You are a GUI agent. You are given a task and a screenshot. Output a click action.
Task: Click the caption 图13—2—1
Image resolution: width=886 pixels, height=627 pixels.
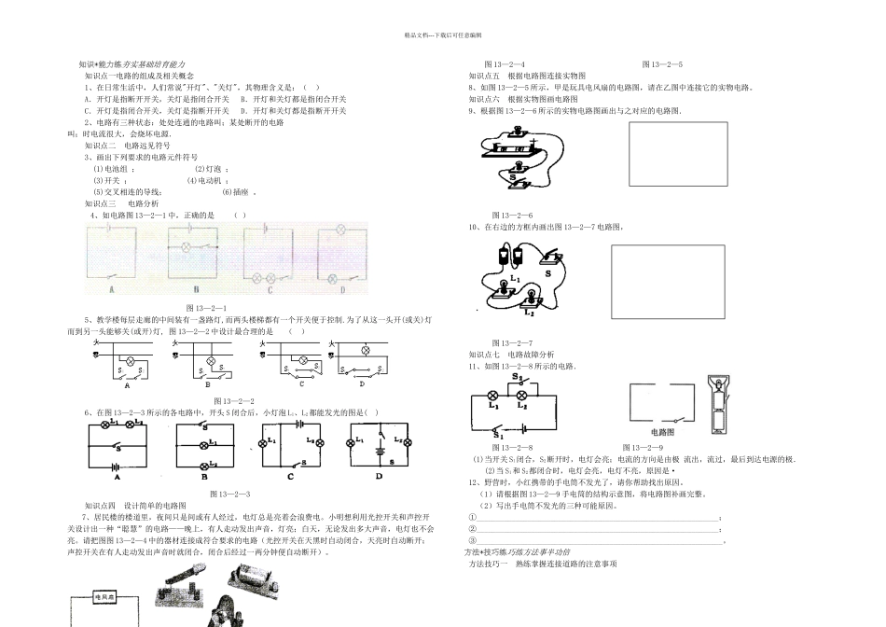pyautogui.click(x=206, y=307)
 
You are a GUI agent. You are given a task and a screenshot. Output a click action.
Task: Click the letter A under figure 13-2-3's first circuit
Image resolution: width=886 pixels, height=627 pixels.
pyautogui.click(x=118, y=476)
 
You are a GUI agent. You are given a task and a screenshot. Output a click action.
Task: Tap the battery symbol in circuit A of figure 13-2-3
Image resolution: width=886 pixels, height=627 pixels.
pyautogui.click(x=115, y=463)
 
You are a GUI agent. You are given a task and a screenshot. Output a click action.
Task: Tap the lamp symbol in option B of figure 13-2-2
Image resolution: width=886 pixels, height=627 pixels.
pyautogui.click(x=211, y=359)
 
